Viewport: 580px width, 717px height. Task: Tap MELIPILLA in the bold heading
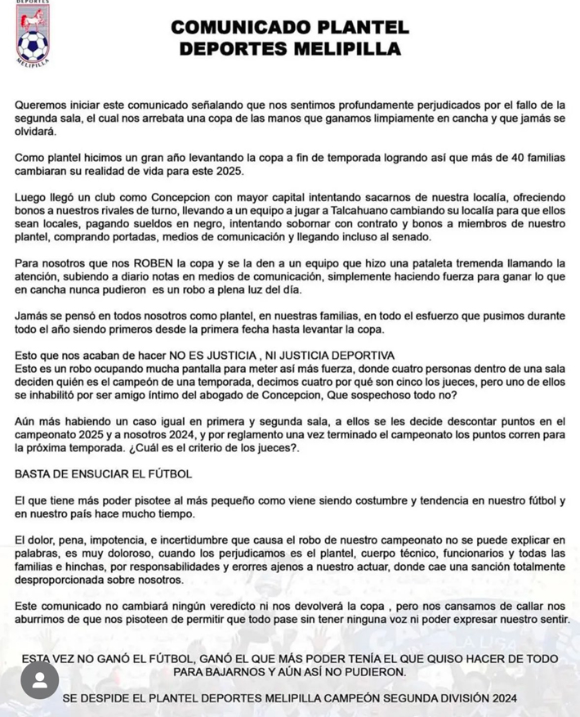[x=348, y=49]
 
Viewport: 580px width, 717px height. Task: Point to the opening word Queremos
[x=42, y=105]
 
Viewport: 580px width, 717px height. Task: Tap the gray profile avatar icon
[x=39, y=680]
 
